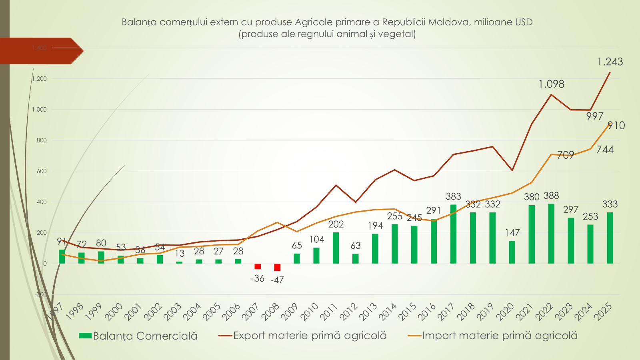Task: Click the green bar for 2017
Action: pyautogui.click(x=453, y=234)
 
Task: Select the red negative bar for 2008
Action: pyautogui.click(x=277, y=267)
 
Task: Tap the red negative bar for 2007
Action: pyautogui.click(x=258, y=266)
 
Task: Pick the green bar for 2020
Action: pyautogui.click(x=512, y=252)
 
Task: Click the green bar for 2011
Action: pyautogui.click(x=336, y=248)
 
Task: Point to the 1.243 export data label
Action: pyautogui.click(x=610, y=62)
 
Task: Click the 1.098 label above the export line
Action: pyautogui.click(x=551, y=84)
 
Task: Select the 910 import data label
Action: pyautogui.click(x=616, y=126)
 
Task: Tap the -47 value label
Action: pyautogui.click(x=277, y=280)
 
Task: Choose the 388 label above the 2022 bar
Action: pyautogui.click(x=551, y=196)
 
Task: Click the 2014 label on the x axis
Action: pyautogui.click(x=388, y=312)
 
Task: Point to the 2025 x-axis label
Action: pyautogui.click(x=603, y=312)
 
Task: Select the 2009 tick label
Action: pyautogui.click(x=290, y=312)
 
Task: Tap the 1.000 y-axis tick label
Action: pyautogui.click(x=39, y=110)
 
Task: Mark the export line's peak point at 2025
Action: pyautogui.click(x=610, y=72)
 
